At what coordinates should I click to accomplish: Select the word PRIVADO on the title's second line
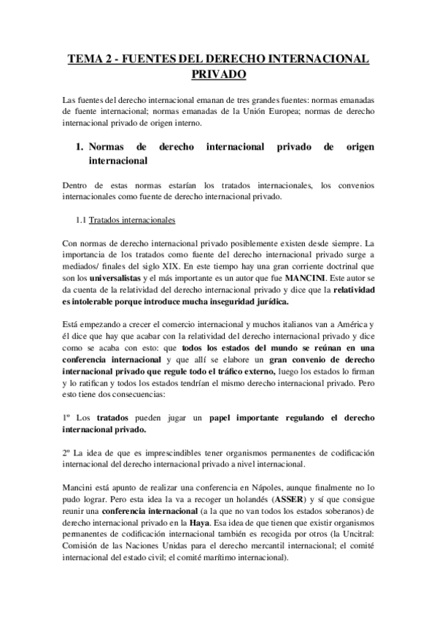point(218,74)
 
